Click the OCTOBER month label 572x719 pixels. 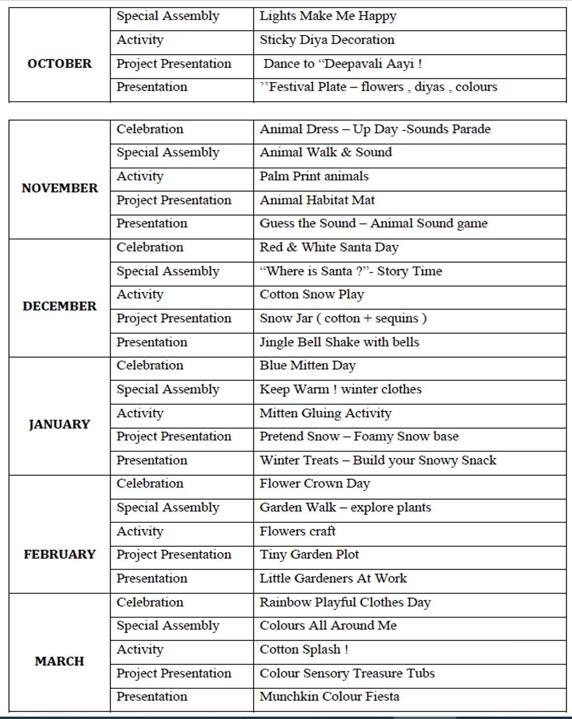pos(59,64)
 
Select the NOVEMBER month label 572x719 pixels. pos(59,188)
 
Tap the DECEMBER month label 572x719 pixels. pos(59,306)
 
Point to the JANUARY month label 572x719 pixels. pos(59,424)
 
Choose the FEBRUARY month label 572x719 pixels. pos(59,554)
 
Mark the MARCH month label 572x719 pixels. pos(59,661)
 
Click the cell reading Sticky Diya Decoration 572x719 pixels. pos(327,40)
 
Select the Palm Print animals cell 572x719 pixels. pos(314,176)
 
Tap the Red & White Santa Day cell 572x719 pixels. pos(329,247)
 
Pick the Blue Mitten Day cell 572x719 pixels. pos(308,366)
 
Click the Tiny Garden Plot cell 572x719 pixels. pos(309,554)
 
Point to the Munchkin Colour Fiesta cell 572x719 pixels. pos(330,697)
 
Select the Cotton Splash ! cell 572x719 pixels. pos(304,649)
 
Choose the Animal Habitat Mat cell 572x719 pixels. pos(317,200)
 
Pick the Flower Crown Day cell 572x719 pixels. pos(314,484)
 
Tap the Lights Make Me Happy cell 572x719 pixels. pos(328,16)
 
